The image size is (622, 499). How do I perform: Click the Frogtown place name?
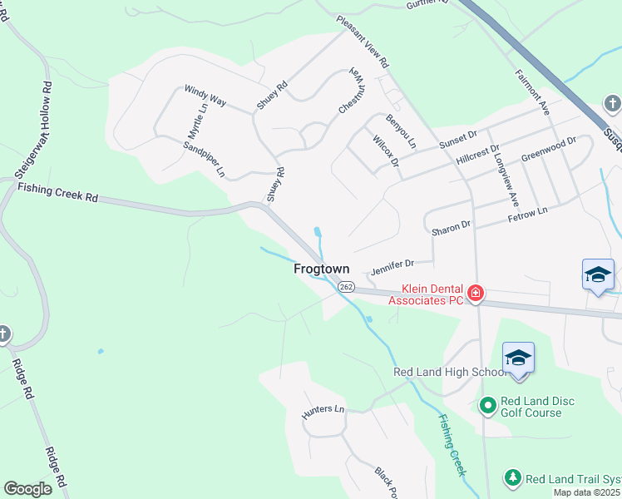[x=321, y=269]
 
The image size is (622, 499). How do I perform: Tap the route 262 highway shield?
[x=347, y=287]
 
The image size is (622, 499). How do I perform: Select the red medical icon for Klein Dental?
[x=475, y=293]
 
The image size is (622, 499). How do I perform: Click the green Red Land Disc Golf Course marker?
[x=488, y=405]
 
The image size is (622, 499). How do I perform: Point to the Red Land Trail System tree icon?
[x=513, y=478]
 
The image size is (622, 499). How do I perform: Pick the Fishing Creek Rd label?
[x=58, y=195]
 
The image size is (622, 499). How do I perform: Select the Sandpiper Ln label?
[x=205, y=159]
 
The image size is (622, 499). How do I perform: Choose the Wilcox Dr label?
[x=387, y=151]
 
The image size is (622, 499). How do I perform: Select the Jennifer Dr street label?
[x=392, y=264]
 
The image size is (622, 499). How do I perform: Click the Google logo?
[x=28, y=488]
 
